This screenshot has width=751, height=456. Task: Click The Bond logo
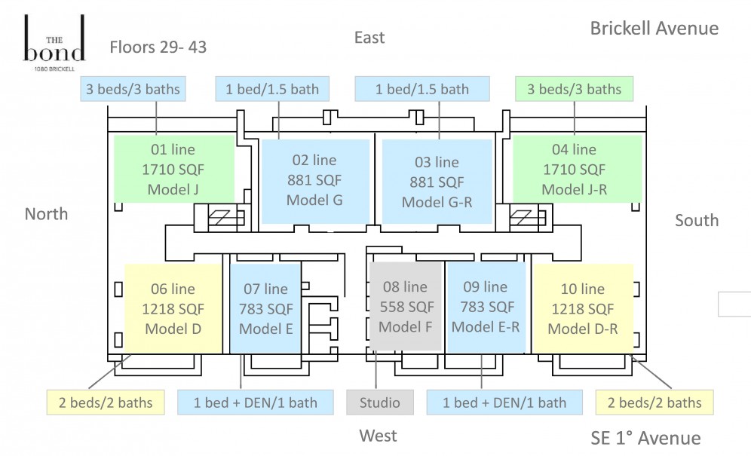click(54, 43)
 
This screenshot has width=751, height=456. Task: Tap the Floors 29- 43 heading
click(158, 47)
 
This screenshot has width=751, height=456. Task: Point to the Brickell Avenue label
click(654, 28)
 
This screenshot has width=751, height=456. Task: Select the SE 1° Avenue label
click(645, 438)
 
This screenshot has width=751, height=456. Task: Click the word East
click(369, 38)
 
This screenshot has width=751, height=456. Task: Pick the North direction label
click(46, 213)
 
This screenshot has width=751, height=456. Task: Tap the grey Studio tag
click(380, 402)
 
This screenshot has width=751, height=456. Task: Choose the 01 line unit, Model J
click(174, 169)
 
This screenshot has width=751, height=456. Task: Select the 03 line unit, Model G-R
click(437, 182)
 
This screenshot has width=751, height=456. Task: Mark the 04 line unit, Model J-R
click(577, 169)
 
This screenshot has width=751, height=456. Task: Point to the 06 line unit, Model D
click(173, 309)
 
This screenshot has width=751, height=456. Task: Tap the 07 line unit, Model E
click(265, 309)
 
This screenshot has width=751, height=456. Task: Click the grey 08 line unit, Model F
click(405, 307)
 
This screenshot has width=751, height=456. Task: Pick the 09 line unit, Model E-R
click(486, 308)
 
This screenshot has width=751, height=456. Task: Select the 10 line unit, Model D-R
click(583, 309)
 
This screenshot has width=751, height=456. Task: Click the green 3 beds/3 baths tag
click(575, 89)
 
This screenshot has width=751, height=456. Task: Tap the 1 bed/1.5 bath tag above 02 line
click(272, 89)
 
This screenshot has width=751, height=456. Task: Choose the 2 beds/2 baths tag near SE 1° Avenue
click(654, 402)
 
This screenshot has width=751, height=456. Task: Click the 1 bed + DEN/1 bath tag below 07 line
click(256, 402)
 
